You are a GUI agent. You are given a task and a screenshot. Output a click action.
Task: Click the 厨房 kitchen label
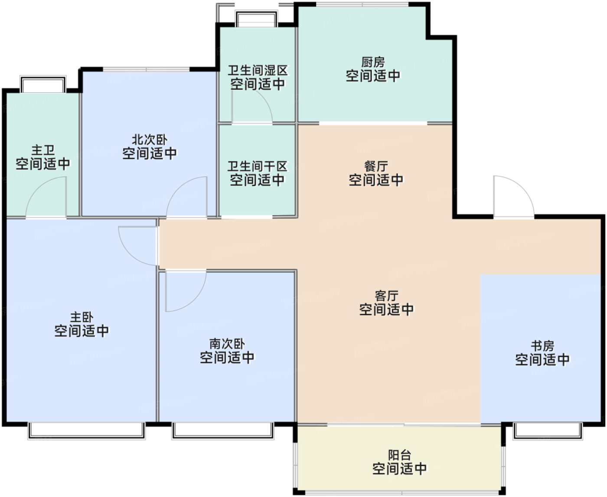click(373, 62)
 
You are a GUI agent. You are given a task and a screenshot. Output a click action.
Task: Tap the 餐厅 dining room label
click(376, 166)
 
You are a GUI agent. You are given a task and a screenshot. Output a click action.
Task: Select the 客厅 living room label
click(386, 296)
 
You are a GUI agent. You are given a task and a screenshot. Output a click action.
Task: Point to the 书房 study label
click(542, 346)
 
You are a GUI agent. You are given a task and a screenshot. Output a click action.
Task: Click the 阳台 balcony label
click(399, 455)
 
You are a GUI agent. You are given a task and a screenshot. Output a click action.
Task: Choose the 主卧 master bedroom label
click(82, 317)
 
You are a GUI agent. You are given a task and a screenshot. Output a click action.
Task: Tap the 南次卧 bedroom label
click(227, 344)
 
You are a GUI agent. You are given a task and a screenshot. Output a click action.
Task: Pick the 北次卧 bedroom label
click(150, 140)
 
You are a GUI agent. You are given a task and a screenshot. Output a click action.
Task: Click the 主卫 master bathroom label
click(43, 150)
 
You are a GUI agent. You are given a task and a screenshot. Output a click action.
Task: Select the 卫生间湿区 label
click(258, 70)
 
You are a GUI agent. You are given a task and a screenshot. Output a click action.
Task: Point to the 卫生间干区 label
click(257, 166)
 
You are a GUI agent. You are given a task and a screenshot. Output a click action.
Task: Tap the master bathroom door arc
click(37, 187)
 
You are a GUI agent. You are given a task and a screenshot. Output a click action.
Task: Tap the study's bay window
click(548, 431)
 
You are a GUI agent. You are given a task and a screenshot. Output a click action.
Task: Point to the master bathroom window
click(43, 84)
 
